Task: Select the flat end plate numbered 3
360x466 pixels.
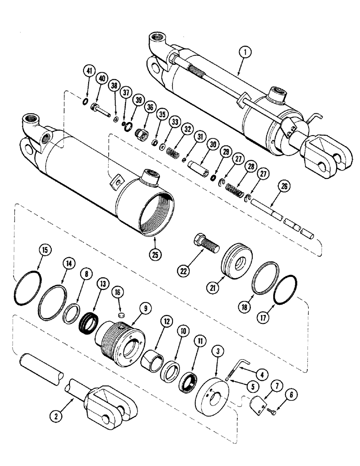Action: tap(216, 373)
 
